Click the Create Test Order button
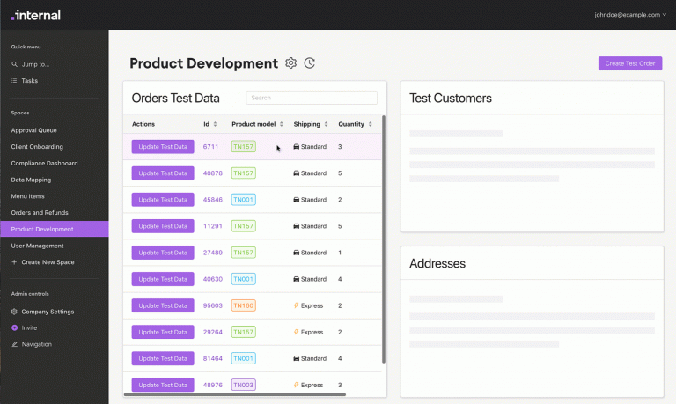coord(630,63)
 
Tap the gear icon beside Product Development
coord(291,63)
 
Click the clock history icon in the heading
coord(310,63)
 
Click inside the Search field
coord(312,98)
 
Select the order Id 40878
coord(212,173)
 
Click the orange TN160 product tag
coord(244,305)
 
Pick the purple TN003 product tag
coord(244,385)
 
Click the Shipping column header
coord(307,124)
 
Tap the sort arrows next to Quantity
coord(371,124)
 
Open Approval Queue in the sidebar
coord(34,130)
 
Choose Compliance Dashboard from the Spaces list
coord(44,164)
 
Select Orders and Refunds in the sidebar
coord(40,213)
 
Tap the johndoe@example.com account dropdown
coord(630,15)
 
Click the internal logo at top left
coord(36,15)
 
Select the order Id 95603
coord(212,305)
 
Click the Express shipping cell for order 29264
coord(308,332)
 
